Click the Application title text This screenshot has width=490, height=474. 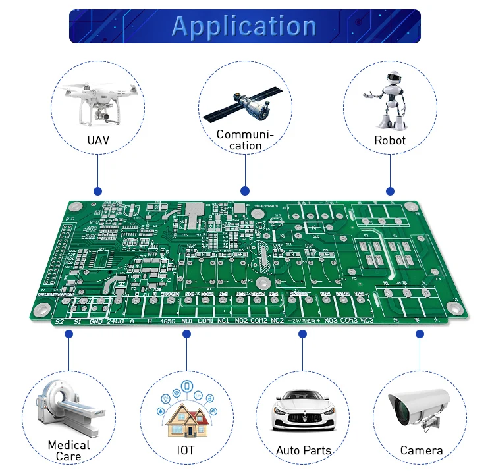244,26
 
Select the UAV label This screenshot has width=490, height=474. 98,140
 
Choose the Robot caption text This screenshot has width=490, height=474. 390,140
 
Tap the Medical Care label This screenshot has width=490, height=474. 68,451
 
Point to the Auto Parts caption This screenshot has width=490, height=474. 304,451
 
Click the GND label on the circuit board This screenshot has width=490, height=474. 96,322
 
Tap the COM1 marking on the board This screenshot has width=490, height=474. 206,321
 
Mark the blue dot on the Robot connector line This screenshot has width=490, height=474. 390,191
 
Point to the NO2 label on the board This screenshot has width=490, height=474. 240,321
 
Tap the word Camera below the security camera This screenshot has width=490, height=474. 422,451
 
